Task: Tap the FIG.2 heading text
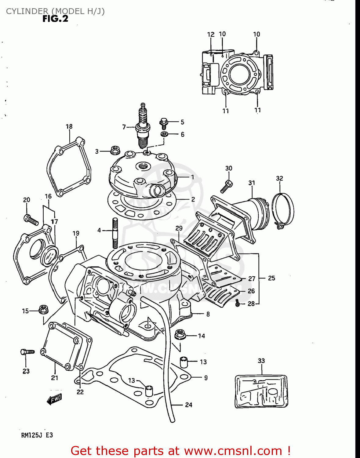55,19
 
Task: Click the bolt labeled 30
227,186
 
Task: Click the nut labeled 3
115,150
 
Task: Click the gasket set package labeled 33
261,391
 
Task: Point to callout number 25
271,278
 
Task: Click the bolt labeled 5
164,123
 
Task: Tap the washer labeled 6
164,134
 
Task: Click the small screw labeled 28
238,303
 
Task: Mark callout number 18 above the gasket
69,126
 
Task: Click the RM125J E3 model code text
37,435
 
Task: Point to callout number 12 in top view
211,35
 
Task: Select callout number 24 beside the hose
189,405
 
